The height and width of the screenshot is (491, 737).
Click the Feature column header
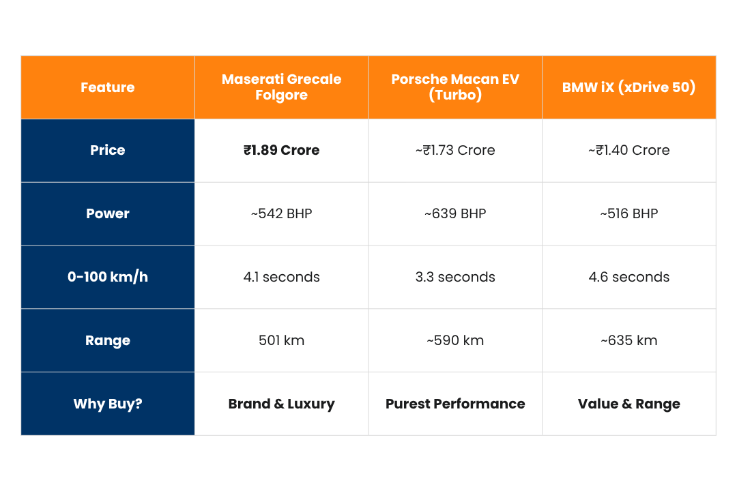108,87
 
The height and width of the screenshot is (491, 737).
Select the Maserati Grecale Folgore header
281,87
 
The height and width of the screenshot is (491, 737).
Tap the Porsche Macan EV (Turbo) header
455,87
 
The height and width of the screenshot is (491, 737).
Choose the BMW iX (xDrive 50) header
628,87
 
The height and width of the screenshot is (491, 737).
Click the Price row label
108,150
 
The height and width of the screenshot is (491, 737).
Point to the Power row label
108,213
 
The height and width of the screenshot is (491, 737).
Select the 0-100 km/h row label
108,277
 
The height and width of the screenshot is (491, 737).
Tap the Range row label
108,340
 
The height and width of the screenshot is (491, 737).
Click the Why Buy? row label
108,404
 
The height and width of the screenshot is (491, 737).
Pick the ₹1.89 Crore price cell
281,150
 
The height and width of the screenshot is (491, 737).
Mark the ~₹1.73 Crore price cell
455,150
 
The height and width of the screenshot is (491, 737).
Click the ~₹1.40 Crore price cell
628,150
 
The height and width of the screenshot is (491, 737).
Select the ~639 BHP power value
455,213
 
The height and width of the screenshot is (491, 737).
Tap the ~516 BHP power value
628,213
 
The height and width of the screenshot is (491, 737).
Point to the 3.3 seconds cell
455,277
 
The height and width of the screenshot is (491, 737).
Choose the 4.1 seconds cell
281,277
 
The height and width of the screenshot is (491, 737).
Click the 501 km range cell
281,340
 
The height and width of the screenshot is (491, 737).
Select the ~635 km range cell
628,340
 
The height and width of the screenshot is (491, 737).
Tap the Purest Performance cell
455,404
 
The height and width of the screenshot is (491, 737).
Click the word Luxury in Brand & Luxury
310,404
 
